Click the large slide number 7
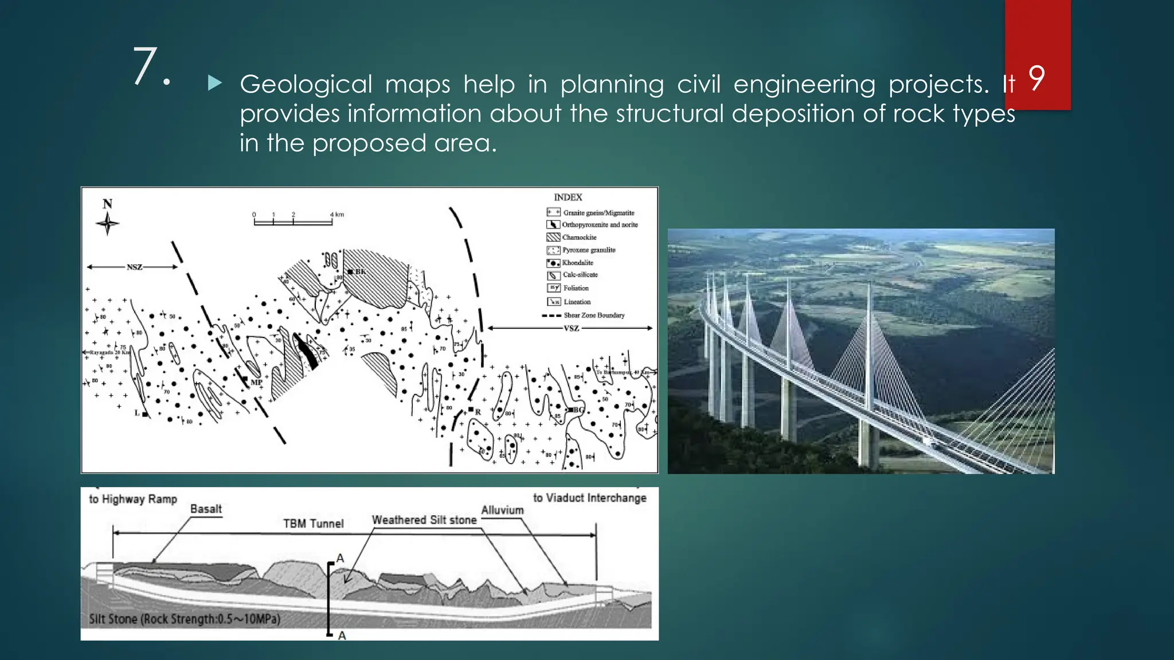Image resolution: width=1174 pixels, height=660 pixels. pyautogui.click(x=146, y=67)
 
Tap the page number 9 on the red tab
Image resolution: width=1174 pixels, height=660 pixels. pyautogui.click(x=1036, y=78)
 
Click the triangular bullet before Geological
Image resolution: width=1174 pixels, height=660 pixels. pyautogui.click(x=215, y=84)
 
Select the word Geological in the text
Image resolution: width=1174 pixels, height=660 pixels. pyautogui.click(x=305, y=84)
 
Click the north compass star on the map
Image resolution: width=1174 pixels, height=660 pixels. pyautogui.click(x=107, y=223)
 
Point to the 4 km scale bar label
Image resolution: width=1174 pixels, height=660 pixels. pyautogui.click(x=337, y=215)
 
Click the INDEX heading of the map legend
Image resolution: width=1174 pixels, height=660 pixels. pyautogui.click(x=568, y=197)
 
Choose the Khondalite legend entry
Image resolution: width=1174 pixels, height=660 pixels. pyautogui.click(x=577, y=262)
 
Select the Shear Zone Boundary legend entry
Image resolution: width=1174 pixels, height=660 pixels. pyautogui.click(x=594, y=315)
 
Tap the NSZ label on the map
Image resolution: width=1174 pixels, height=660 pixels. pyautogui.click(x=134, y=267)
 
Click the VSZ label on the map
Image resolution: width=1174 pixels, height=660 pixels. pyautogui.click(x=572, y=328)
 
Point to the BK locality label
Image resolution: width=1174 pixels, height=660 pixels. pyautogui.click(x=360, y=272)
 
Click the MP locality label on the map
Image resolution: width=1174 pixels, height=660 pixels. pyautogui.click(x=256, y=382)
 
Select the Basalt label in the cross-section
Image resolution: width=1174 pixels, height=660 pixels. pyautogui.click(x=206, y=509)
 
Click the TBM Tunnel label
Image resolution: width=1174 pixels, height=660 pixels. pyautogui.click(x=313, y=524)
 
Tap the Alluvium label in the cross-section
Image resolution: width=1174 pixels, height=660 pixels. pyautogui.click(x=502, y=510)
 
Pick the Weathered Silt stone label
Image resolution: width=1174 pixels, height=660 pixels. pyautogui.click(x=424, y=520)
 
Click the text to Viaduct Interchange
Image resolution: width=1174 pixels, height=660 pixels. pyautogui.click(x=589, y=498)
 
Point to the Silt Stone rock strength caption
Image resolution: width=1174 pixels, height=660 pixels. pyautogui.click(x=184, y=619)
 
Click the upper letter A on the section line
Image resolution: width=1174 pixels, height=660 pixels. pyautogui.click(x=340, y=558)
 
